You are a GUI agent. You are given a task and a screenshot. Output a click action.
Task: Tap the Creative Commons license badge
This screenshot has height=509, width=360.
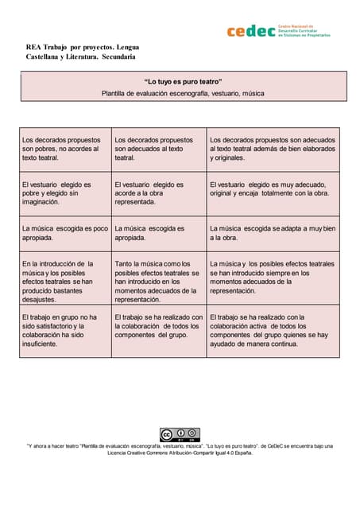pyautogui.click(x=180, y=434)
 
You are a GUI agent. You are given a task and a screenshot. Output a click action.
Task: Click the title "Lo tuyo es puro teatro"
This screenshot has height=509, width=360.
pyautogui.click(x=183, y=82)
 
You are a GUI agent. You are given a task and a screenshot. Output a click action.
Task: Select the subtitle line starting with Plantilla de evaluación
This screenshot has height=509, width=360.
pyautogui.click(x=183, y=93)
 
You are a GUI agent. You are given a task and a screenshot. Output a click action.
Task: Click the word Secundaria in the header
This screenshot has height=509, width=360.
pyautogui.click(x=116, y=56)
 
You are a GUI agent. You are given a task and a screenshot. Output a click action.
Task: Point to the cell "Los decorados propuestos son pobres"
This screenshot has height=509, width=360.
pyautogui.click(x=65, y=149)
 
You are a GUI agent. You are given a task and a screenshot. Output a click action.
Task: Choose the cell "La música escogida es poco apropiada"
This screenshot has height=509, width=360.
pyautogui.click(x=65, y=233)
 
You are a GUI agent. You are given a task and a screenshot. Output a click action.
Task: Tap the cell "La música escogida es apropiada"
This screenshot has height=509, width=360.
pyautogui.click(x=159, y=233)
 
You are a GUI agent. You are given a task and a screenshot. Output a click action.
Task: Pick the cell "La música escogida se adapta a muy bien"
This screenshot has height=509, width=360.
pyautogui.click(x=273, y=233)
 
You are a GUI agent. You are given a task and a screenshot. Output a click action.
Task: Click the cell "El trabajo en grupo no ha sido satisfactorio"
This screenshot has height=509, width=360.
pyautogui.click(x=65, y=330)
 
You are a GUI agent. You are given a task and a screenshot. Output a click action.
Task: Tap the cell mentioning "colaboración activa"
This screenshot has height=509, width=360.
pyautogui.click(x=273, y=330)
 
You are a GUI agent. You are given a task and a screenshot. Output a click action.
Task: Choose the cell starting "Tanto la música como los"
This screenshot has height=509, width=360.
pyautogui.click(x=159, y=282)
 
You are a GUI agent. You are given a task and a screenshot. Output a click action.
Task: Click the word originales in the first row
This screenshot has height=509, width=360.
pyautogui.click(x=227, y=158)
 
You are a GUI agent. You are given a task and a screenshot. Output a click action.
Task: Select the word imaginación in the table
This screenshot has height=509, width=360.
pyautogui.click(x=41, y=202)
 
